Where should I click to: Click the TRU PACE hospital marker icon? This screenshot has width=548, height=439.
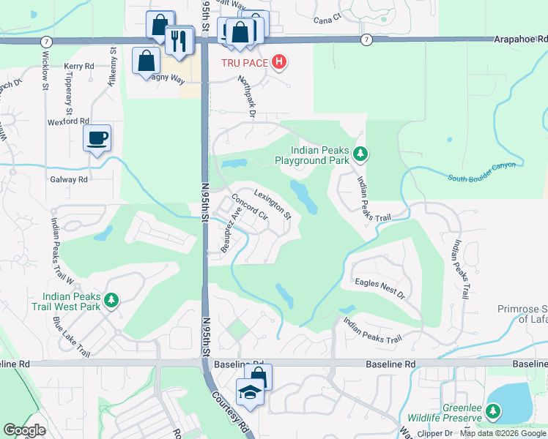tap(278, 63)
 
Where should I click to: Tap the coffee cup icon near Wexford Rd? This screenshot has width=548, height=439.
tap(97, 138)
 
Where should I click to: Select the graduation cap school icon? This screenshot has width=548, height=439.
tap(249, 392)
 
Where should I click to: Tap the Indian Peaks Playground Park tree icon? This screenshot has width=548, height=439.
tap(360, 154)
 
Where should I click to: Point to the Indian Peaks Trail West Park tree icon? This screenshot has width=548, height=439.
tap(111, 300)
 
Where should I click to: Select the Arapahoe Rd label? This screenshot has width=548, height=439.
tap(519, 40)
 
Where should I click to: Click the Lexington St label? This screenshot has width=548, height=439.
tap(273, 205)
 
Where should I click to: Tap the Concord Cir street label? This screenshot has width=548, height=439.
tap(250, 208)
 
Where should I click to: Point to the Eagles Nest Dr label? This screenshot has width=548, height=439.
tap(379, 288)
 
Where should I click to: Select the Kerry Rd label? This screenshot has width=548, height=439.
tap(79, 66)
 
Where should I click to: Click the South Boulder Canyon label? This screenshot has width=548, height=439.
tap(482, 170)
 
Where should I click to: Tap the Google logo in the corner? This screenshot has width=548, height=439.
tap(24, 430)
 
